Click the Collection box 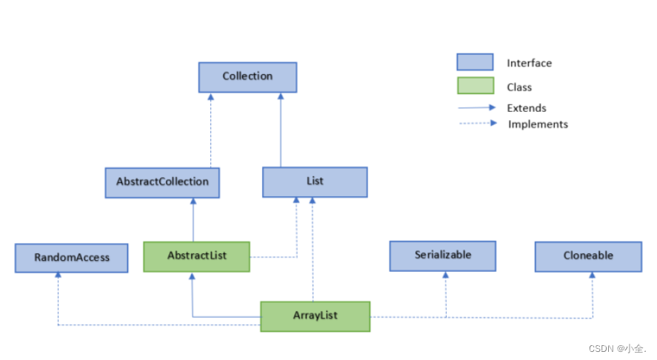[247, 76]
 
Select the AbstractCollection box [162, 181]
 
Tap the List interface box [315, 181]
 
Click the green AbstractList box [196, 256]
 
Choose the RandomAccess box [71, 257]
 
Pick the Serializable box [443, 256]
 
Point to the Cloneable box [588, 256]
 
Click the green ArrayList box [315, 316]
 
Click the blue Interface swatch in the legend [475, 62]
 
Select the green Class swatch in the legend [475, 86]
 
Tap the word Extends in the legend [527, 108]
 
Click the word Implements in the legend [538, 124]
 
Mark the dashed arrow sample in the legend [477, 124]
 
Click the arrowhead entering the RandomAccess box [58, 276]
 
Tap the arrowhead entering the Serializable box [446, 275]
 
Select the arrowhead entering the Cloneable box [592, 275]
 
